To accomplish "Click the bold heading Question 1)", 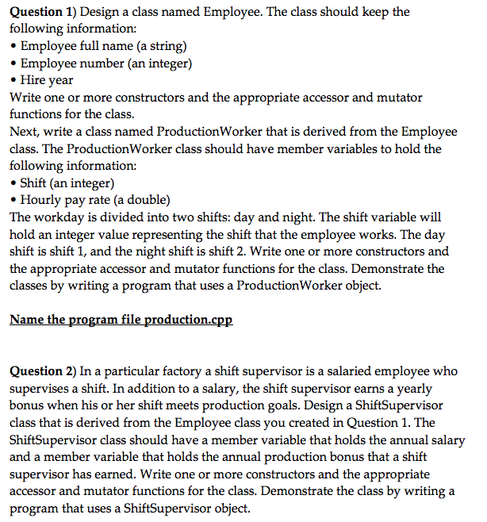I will click(41, 12).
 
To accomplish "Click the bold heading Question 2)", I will click(41, 371).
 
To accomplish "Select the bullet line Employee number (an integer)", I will click(105, 63).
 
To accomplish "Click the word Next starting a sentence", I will click(23, 132).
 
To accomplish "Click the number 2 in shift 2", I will click(222, 251).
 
